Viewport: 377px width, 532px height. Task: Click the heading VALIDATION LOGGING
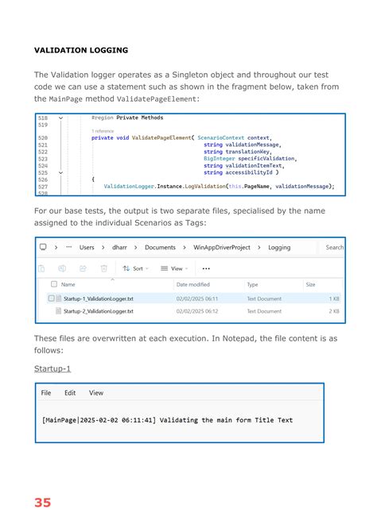tap(80, 50)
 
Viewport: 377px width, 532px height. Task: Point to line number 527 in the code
tap(43, 187)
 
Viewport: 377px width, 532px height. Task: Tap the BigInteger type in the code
tap(219, 159)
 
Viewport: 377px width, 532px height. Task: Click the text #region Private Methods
tap(127, 118)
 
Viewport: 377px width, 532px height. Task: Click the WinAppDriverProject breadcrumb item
tap(223, 247)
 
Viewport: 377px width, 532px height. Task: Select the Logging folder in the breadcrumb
tap(279, 247)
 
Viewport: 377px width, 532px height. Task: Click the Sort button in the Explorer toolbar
tap(133, 268)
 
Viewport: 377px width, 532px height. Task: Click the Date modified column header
tap(193, 283)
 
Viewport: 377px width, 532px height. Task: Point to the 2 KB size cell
tap(334, 311)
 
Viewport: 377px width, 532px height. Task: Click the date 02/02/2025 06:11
tap(197, 299)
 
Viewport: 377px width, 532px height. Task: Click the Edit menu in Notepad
tap(70, 392)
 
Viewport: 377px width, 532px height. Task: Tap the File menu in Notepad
tap(46, 392)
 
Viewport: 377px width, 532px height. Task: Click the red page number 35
tap(42, 502)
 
